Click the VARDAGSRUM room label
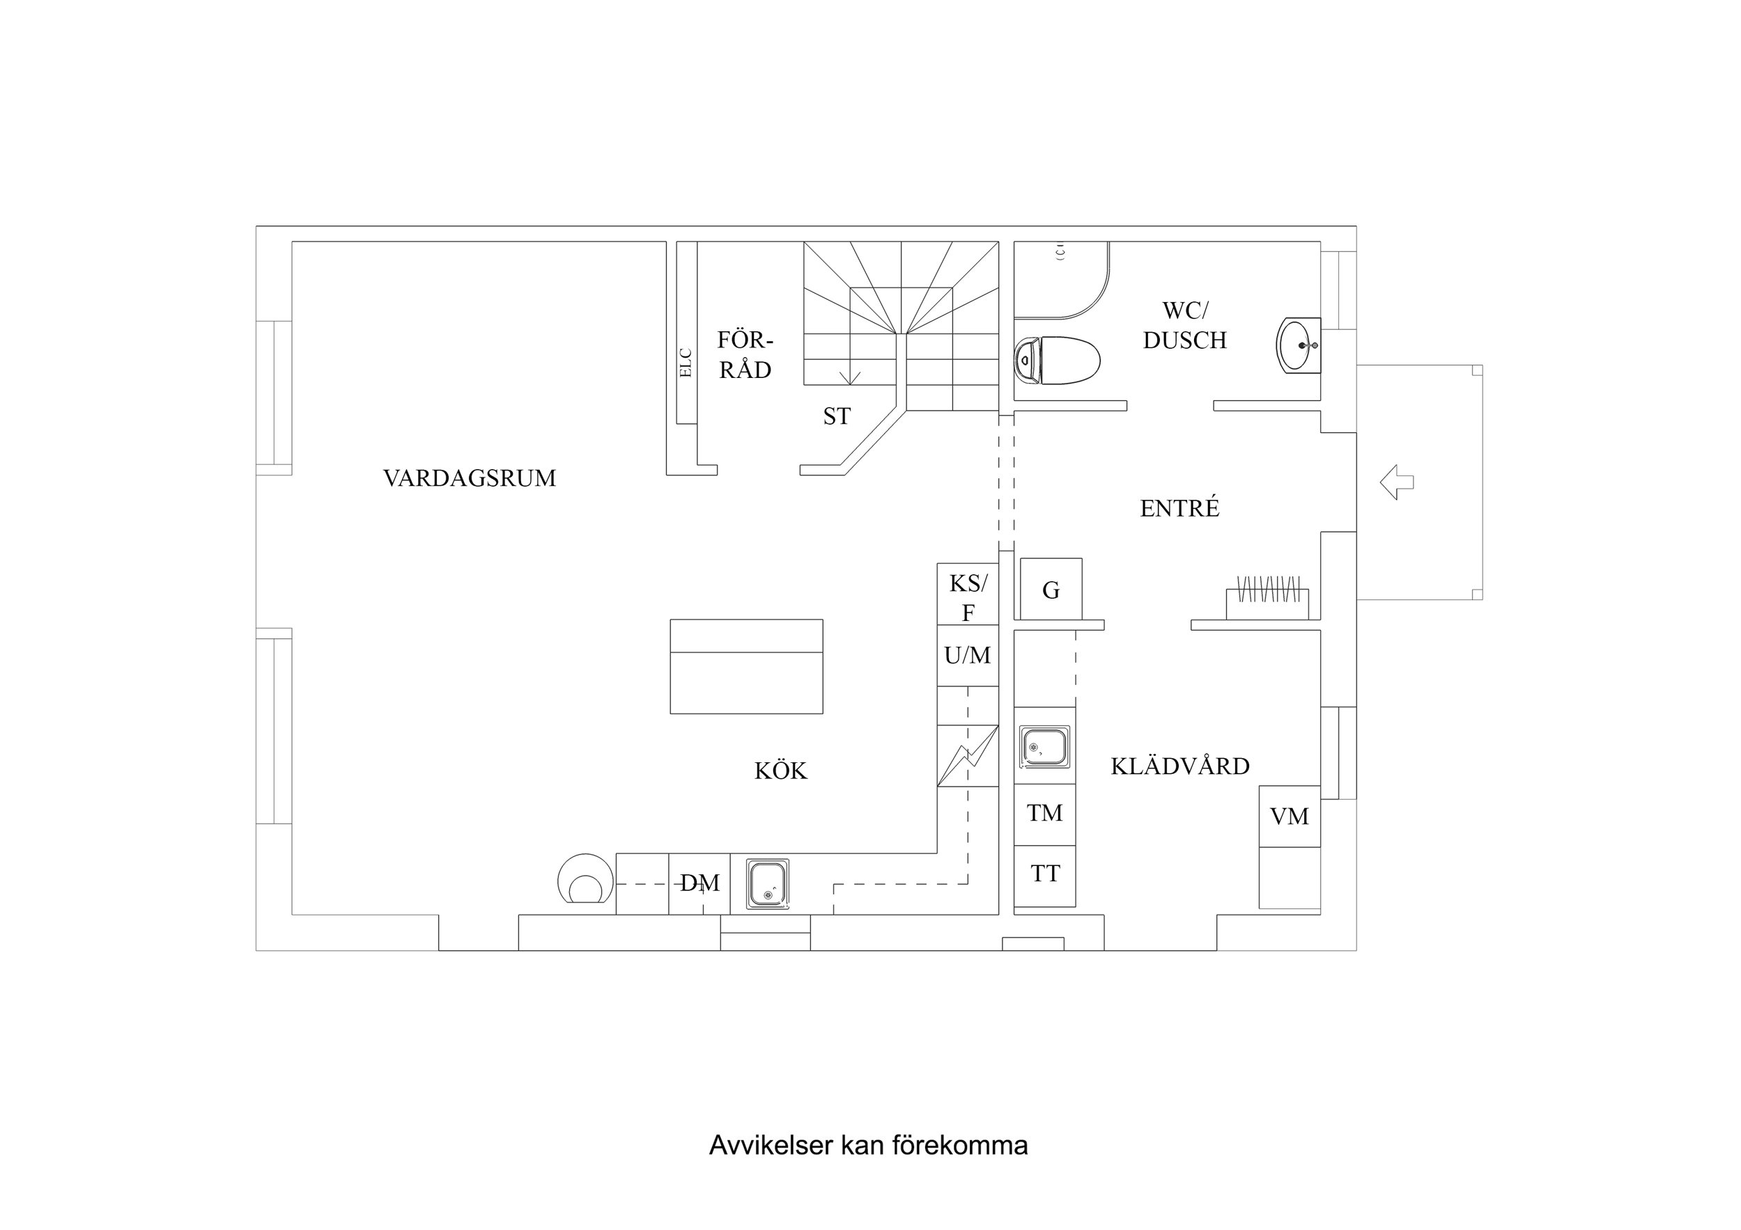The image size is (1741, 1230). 470,478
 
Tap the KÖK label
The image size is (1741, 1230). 780,771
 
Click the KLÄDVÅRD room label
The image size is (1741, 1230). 1180,766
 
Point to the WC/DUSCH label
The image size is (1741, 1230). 1184,325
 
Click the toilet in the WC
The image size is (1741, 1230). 1058,361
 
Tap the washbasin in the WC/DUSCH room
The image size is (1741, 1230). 1298,345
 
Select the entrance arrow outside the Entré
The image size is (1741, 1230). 1396,482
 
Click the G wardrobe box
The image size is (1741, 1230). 1051,590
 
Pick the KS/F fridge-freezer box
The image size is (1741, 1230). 968,597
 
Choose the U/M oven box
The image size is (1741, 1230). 968,656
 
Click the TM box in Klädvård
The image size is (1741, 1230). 1044,813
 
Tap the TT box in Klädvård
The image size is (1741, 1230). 1044,874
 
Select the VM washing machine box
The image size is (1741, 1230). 1289,817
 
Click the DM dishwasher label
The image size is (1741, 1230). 699,883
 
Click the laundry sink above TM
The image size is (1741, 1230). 1045,746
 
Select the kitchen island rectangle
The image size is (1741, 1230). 746,667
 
